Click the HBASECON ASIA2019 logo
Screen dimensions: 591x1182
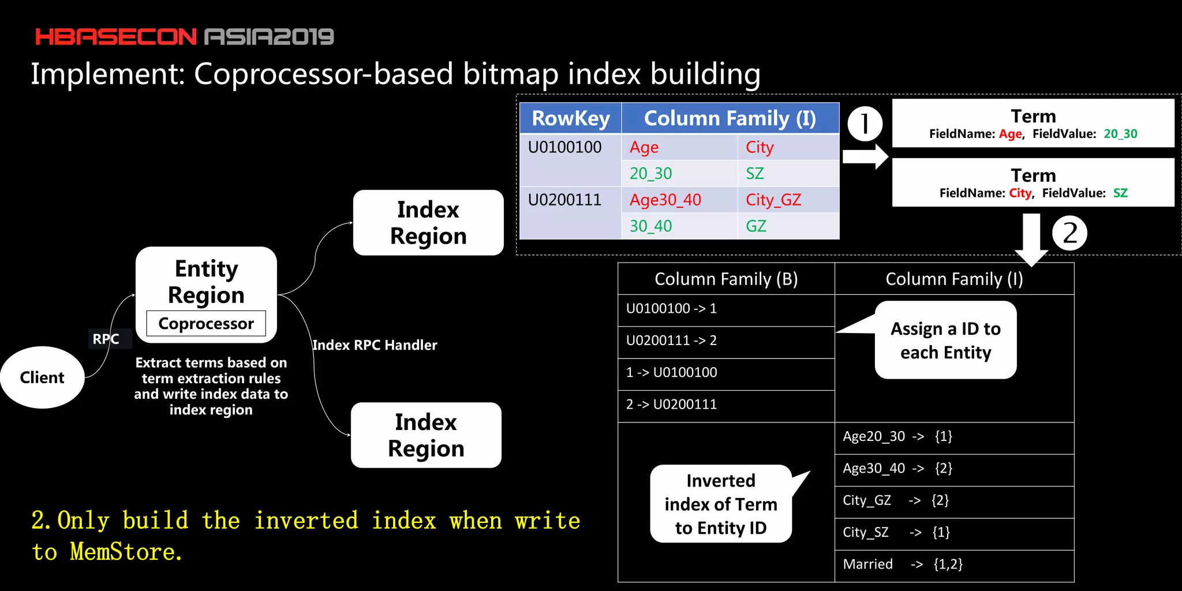pyautogui.click(x=184, y=37)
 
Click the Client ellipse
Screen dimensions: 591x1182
pyautogui.click(x=42, y=377)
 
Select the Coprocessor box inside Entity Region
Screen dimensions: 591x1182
pyautogui.click(x=206, y=324)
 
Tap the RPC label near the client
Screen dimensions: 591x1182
pyautogui.click(x=106, y=339)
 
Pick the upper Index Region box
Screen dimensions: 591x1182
pyautogui.click(x=428, y=223)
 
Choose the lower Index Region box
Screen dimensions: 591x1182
pyautogui.click(x=426, y=435)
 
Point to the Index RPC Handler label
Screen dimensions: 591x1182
pyautogui.click(x=375, y=345)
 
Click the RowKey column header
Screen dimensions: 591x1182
pyautogui.click(x=570, y=118)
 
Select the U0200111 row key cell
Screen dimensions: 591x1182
pyautogui.click(x=565, y=200)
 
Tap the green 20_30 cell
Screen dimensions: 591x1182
pyautogui.click(x=651, y=173)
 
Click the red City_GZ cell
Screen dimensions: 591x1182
pyautogui.click(x=773, y=200)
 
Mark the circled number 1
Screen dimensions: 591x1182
pyautogui.click(x=865, y=124)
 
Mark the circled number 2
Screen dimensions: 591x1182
pyautogui.click(x=1069, y=233)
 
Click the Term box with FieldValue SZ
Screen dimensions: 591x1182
pyautogui.click(x=1033, y=182)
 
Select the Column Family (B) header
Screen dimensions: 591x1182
pyautogui.click(x=726, y=279)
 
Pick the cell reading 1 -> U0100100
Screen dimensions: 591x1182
pyautogui.click(x=672, y=372)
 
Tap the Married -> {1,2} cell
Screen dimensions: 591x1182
pyautogui.click(x=903, y=564)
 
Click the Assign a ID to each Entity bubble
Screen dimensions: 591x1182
pyautogui.click(x=945, y=341)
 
